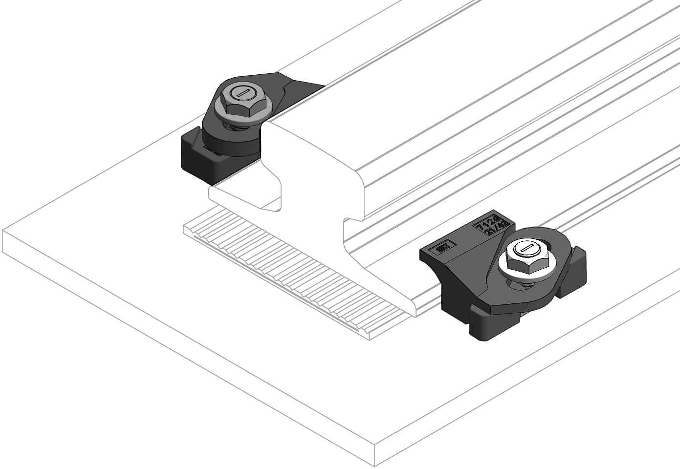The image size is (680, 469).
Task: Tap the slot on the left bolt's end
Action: pos(242,91)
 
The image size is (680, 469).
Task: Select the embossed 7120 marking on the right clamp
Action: pos(491,224)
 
